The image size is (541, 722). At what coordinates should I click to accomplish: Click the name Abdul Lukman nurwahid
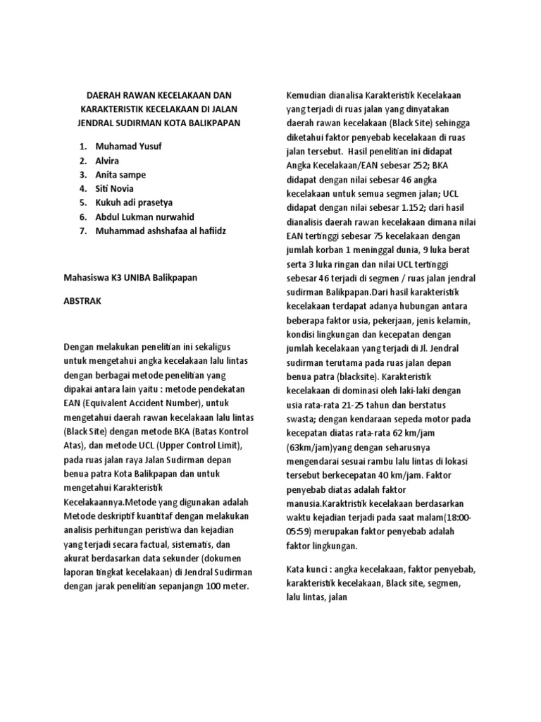(x=146, y=217)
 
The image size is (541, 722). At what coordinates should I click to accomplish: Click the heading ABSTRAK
(x=83, y=300)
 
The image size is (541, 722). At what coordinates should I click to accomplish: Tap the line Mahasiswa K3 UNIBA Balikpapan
(x=131, y=277)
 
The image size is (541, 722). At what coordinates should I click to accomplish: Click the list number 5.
(x=82, y=203)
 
